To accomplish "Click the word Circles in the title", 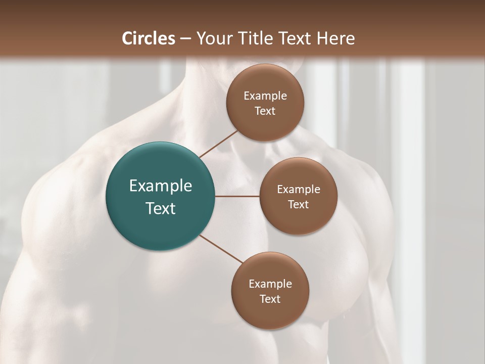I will [x=149, y=38].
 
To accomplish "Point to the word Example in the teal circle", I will [x=161, y=186].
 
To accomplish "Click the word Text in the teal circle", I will [x=161, y=208].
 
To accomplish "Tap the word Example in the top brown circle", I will [x=265, y=96].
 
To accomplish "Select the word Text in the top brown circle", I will [x=265, y=111].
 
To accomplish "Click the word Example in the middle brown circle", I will [x=299, y=190].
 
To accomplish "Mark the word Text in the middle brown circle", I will [x=299, y=205].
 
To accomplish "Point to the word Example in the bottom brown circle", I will [x=270, y=284].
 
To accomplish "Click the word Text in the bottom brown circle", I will [x=270, y=299].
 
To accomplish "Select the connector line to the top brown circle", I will [x=218, y=144].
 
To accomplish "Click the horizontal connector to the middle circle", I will [x=237, y=196].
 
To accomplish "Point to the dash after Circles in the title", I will [x=185, y=39].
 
